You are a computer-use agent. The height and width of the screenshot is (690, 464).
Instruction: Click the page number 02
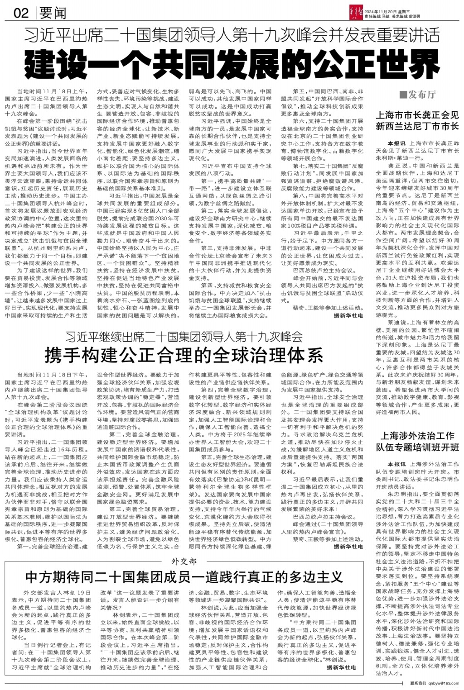[21, 13]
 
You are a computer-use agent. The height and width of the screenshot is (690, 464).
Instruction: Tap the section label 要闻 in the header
[53, 13]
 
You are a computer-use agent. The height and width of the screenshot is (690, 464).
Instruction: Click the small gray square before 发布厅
[402, 94]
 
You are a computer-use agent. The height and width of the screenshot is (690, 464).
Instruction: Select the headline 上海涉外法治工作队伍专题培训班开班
[417, 441]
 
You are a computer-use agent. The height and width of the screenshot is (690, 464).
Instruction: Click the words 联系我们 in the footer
[418, 683]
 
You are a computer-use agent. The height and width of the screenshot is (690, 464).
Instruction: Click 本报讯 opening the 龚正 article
[396, 143]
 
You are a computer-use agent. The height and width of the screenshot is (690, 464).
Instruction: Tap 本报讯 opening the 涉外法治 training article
[396, 464]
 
